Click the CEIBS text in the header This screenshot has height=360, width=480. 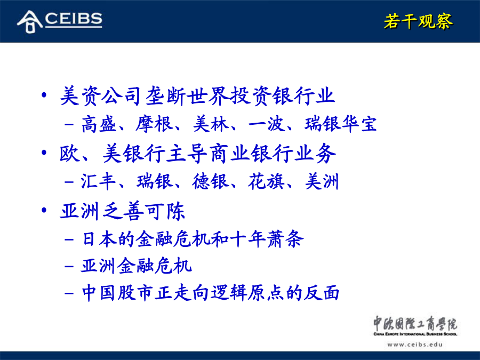coord(74,19)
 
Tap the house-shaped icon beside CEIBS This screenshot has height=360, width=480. coord(30,21)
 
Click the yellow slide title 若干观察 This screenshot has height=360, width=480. coord(418,21)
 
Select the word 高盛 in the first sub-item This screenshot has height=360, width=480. coord(99,124)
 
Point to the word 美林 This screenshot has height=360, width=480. coord(211,124)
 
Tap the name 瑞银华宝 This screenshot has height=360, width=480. coord(341,124)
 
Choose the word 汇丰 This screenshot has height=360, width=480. coord(98,181)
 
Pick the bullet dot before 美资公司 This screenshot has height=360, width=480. coord(44,95)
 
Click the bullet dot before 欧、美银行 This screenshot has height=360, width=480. coord(44,153)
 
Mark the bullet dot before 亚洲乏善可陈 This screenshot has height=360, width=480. coord(44,210)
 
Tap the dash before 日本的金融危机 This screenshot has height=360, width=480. coord(69,239)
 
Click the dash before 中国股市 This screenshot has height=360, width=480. coord(69,293)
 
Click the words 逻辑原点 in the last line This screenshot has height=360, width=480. coord(247,293)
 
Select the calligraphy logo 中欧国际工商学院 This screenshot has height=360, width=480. coord(415,324)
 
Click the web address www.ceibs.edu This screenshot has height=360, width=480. coord(415,345)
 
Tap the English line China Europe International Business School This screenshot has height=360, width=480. coord(415,334)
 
